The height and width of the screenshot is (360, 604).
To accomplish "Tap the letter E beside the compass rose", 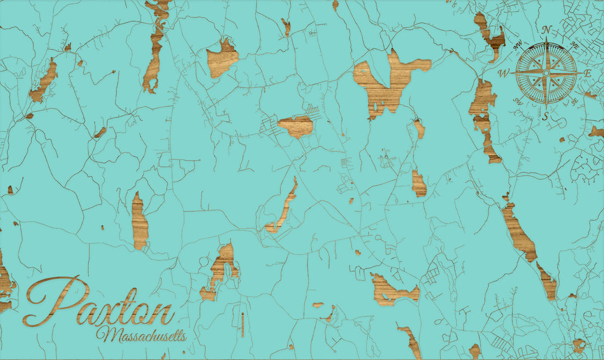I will coord(587,74).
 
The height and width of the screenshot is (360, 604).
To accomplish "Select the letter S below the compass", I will coord(545,116).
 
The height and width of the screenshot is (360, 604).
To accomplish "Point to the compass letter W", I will coord(503,73).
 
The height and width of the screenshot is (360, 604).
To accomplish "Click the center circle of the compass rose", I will coord(546,73).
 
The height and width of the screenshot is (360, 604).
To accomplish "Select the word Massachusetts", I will coord(141,335).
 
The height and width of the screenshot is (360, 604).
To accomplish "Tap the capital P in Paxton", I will coord(53,302).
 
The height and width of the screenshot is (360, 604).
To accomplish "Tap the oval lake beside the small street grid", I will coord(295,126).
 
